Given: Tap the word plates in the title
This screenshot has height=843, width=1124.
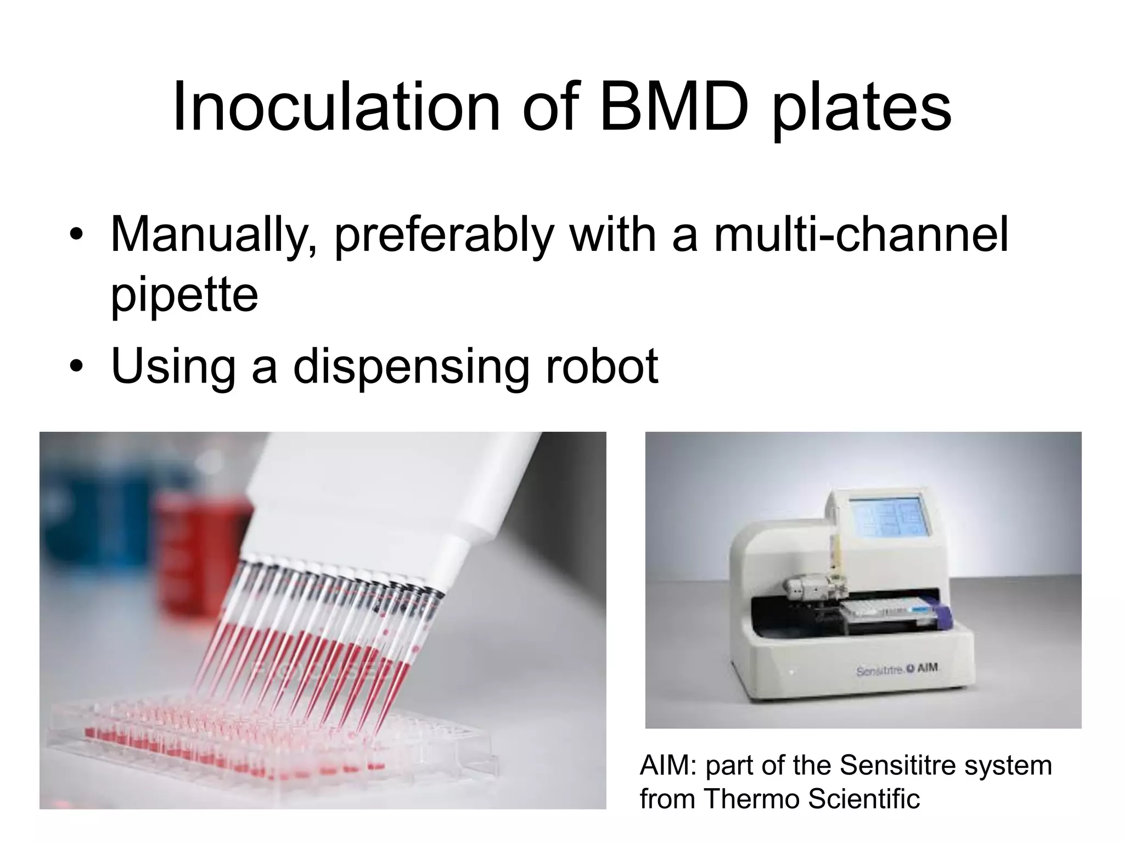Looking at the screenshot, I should tap(862, 108).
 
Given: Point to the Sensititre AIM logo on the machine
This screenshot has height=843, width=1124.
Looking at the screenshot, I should tap(898, 670).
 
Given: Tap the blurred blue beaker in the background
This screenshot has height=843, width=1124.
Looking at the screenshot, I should tap(82, 527).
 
